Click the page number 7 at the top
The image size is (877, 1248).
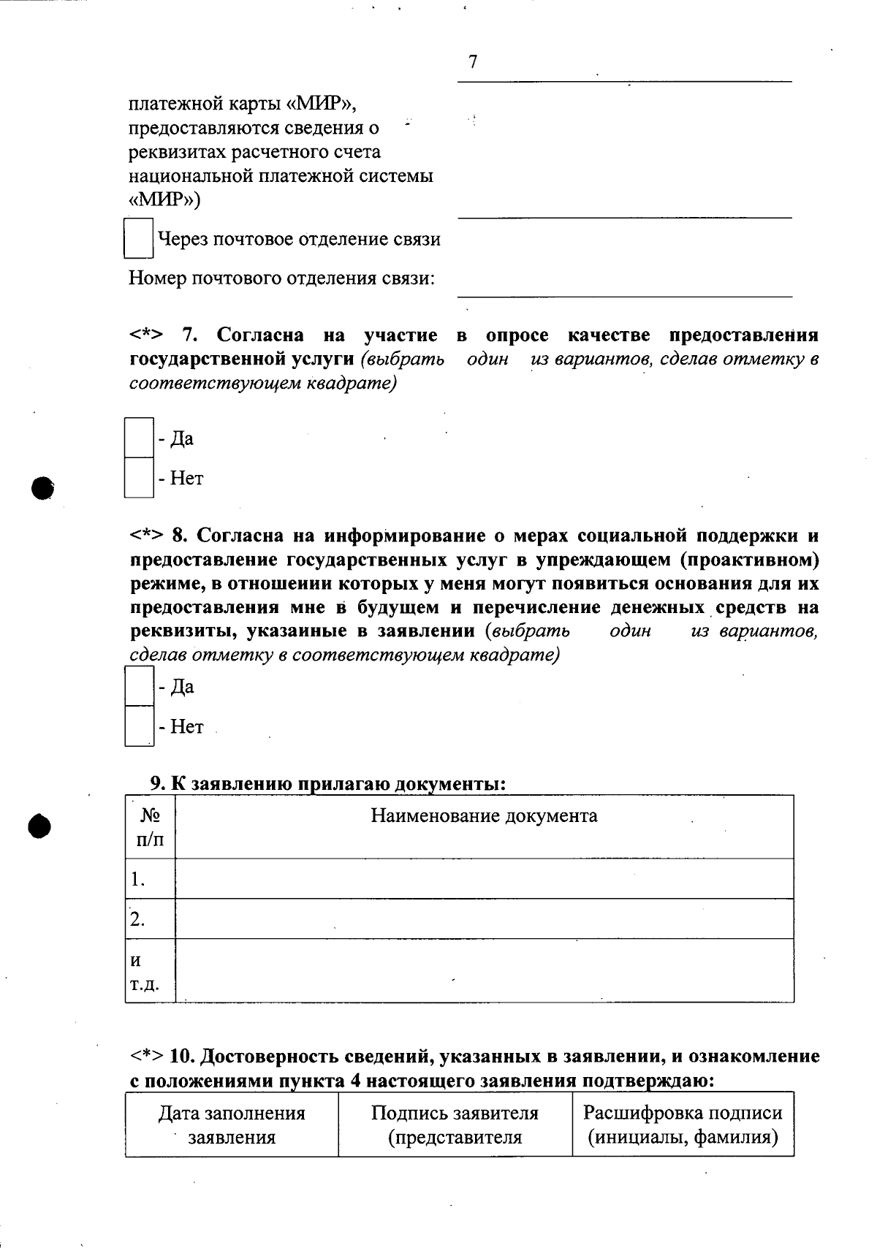473,62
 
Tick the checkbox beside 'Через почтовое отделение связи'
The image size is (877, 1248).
138,238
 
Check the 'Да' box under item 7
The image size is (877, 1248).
139,438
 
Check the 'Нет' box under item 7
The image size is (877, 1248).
139,478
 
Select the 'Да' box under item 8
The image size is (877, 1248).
139,686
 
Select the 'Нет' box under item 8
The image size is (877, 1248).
139,726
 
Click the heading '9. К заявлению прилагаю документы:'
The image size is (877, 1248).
328,784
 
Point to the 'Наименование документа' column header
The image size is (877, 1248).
484,815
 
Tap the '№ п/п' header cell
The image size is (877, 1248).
150,827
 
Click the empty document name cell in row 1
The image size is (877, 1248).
484,879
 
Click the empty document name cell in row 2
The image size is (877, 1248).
484,919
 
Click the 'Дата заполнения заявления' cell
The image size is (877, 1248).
232,1125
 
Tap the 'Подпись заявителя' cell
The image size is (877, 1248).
455,1125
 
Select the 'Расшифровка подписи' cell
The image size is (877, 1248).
683,1125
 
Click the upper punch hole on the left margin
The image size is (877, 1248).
43,487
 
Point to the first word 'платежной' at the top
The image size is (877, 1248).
176,104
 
